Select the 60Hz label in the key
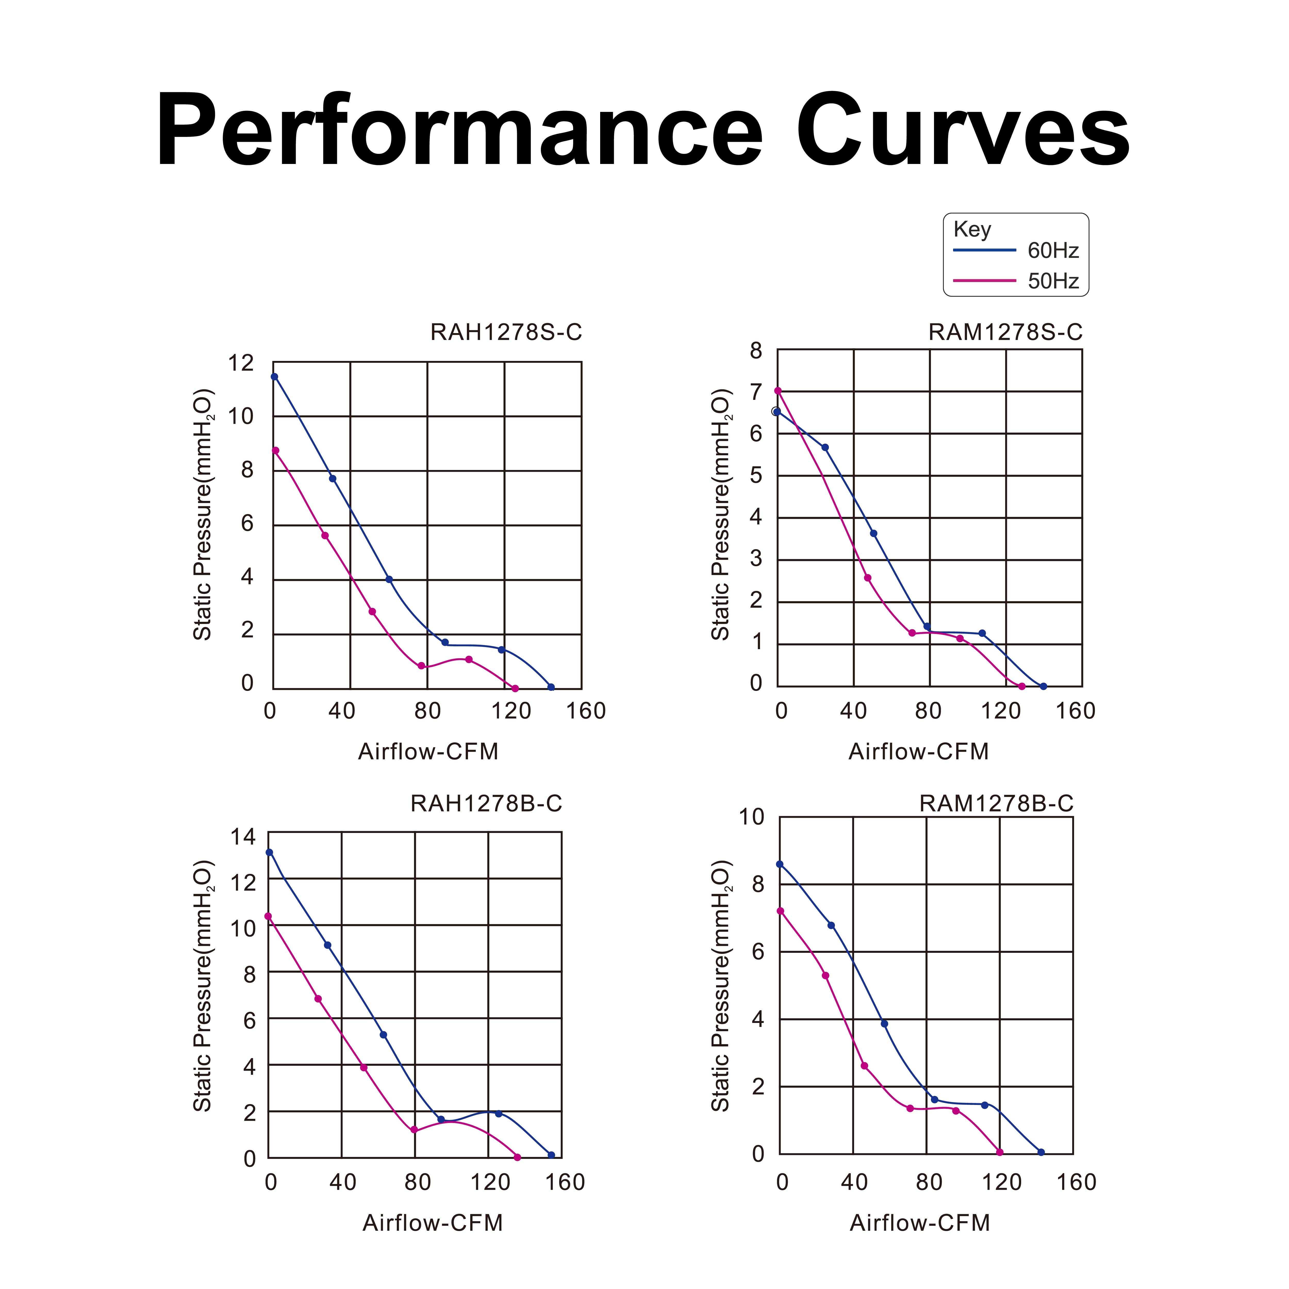pos(1053,251)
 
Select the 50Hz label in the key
pos(1053,281)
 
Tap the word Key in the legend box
pos(972,229)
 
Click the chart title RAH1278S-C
pos(506,332)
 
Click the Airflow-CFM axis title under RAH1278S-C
pos(428,752)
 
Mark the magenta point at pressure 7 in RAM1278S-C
pos(777,391)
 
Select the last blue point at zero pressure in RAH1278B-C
pos(551,1155)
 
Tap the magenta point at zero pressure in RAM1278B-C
pos(999,1152)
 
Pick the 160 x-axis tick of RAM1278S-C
pos(1076,711)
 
